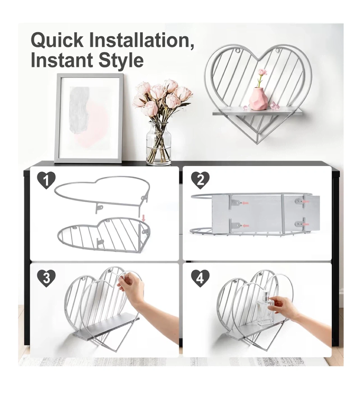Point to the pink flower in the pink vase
[262, 72]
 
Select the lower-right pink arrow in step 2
[306, 224]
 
